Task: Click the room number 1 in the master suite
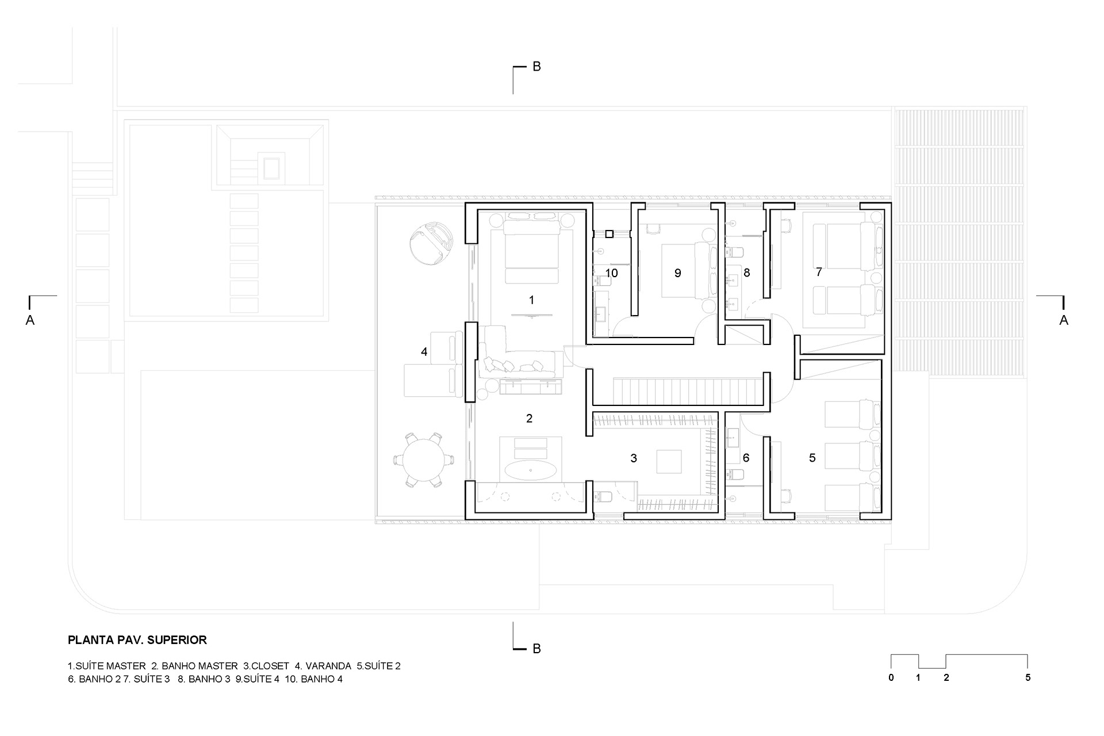pos(531,300)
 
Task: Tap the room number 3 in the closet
pos(634,458)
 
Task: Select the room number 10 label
pos(611,273)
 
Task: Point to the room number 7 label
pos(819,272)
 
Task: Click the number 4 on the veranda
pos(424,351)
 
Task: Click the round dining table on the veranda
pos(424,459)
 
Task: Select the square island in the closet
pos(668,462)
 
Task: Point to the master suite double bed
pos(532,253)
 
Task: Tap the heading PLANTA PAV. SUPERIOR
pos(137,639)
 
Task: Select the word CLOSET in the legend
pos(269,666)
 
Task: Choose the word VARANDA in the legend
pos(328,666)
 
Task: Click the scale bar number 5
pos(1028,677)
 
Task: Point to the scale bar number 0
pos(891,677)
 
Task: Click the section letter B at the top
pos(536,67)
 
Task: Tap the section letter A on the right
pos(1064,320)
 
